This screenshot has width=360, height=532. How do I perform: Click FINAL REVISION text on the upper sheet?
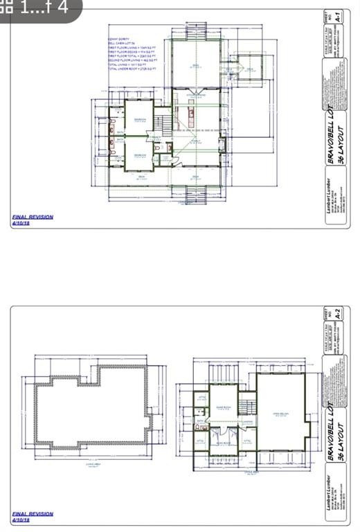(33, 217)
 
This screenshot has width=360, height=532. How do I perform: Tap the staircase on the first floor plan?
(162, 124)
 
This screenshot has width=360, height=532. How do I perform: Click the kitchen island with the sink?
(188, 112)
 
